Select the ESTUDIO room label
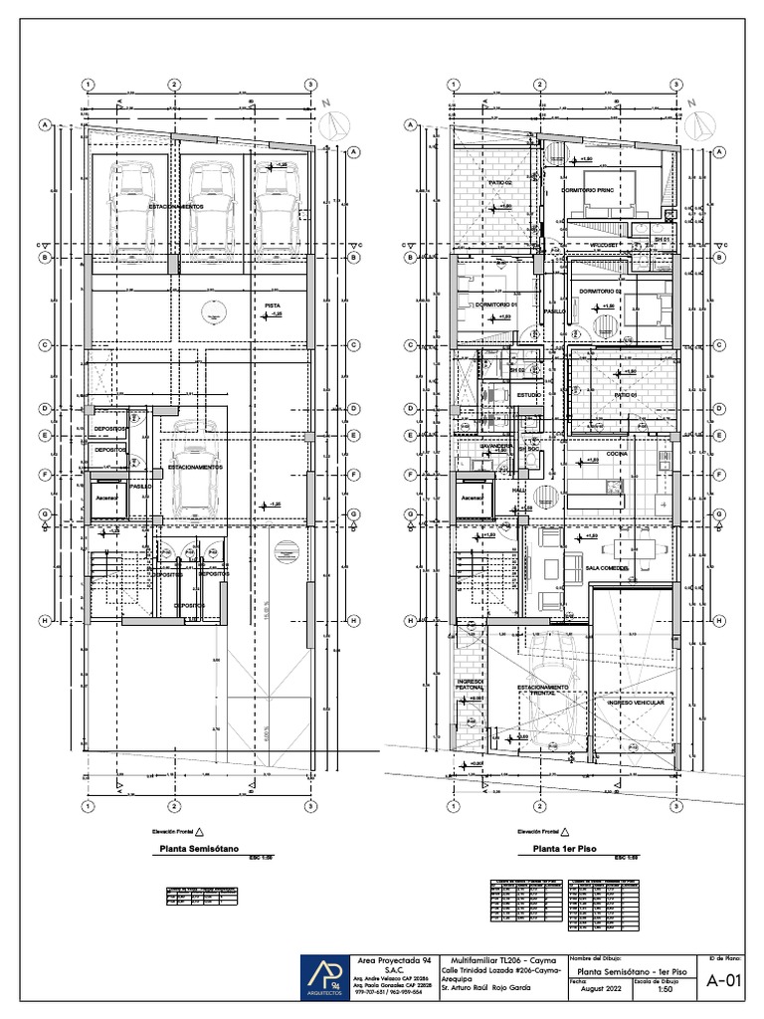pos(500,396)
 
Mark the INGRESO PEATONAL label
pos(471,687)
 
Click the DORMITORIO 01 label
pos(493,305)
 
